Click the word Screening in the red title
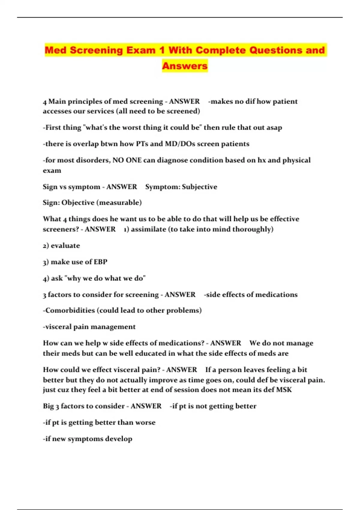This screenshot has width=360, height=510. (x=97, y=50)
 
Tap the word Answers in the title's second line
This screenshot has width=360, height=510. (x=185, y=66)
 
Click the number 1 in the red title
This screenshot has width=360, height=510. (x=162, y=50)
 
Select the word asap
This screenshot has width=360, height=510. (x=274, y=127)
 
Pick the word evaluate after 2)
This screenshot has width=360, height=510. (x=65, y=246)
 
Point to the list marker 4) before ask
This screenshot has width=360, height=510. (x=46, y=278)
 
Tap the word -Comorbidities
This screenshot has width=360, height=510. (x=69, y=310)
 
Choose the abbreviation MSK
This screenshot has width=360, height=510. (x=284, y=390)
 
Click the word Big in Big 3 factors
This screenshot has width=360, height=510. (x=48, y=406)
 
